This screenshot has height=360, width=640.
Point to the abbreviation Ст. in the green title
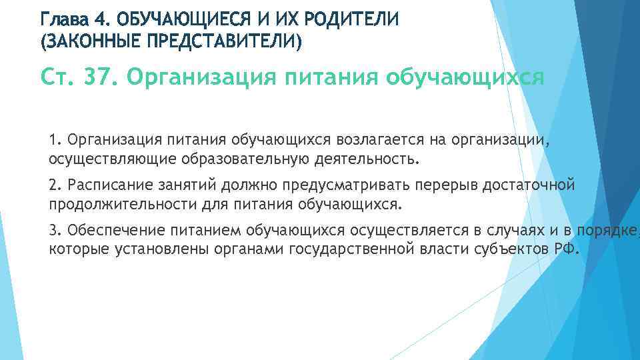pos(59,78)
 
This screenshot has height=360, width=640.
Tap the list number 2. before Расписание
pos(55,185)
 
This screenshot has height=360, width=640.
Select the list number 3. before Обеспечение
pos(55,230)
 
